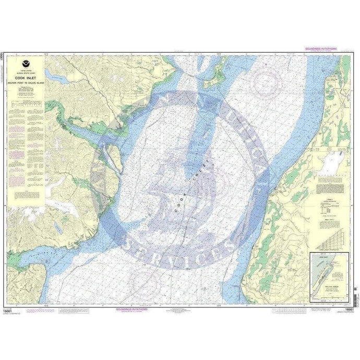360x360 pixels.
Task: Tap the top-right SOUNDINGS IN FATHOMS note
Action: (x=319, y=49)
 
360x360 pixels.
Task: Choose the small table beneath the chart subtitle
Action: (x=26, y=104)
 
